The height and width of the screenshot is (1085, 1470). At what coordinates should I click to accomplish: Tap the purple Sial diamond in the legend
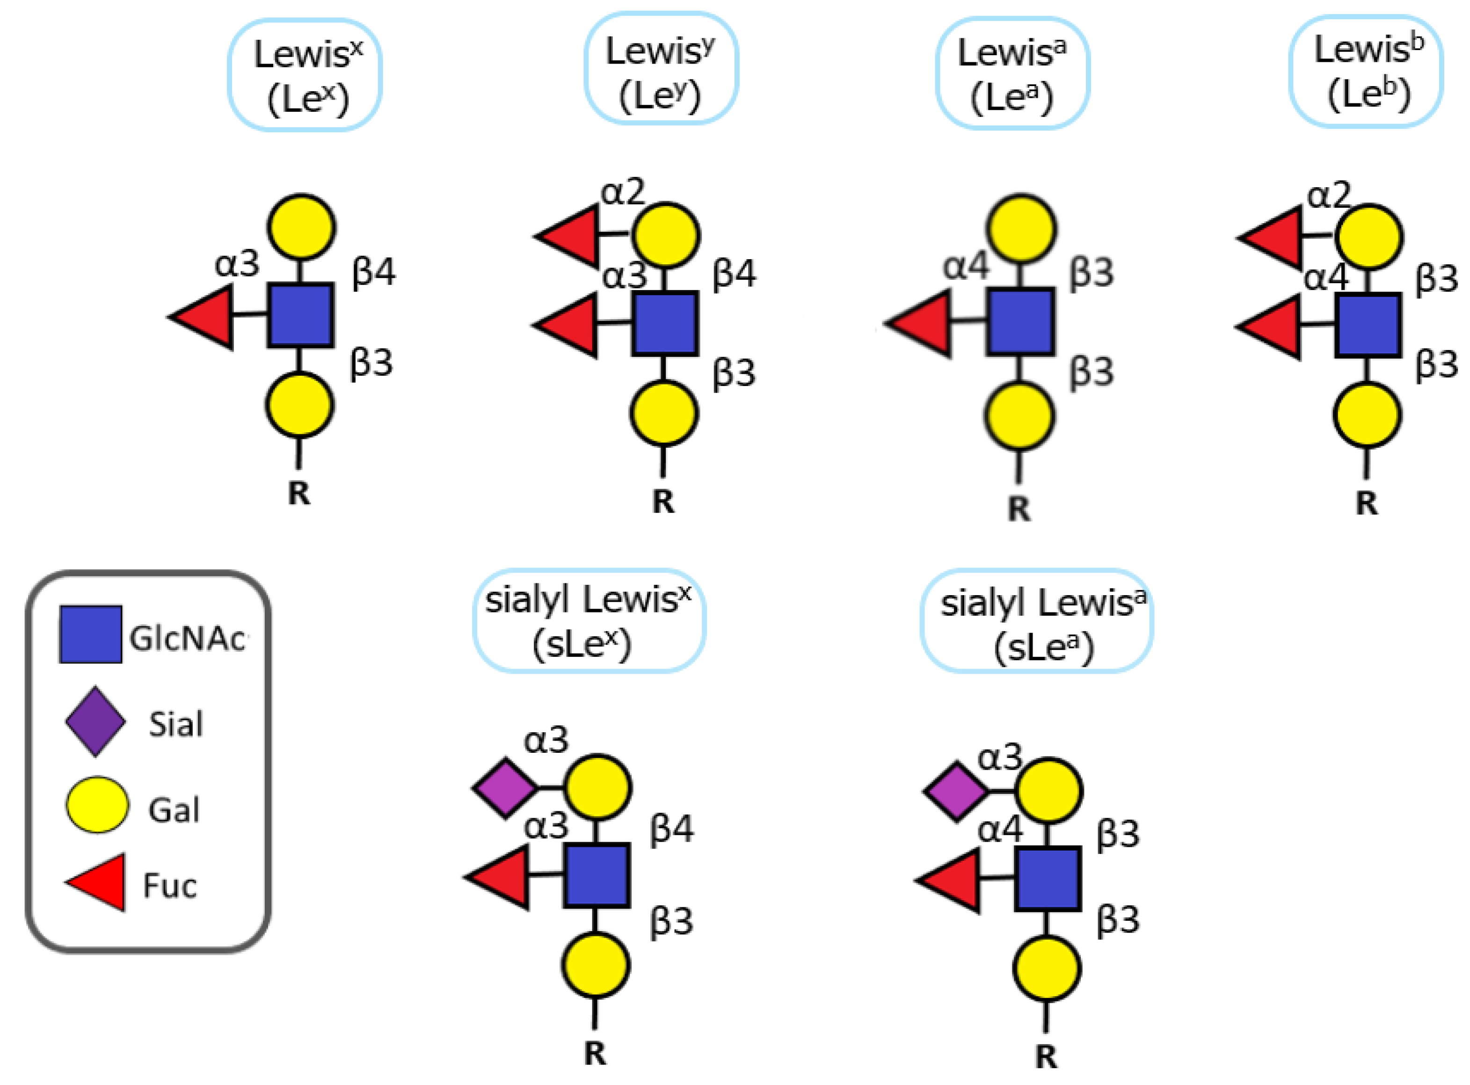pos(95,721)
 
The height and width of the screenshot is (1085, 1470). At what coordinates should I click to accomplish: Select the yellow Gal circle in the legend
pos(96,805)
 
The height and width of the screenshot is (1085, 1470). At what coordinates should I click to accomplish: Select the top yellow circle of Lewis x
pos(301,226)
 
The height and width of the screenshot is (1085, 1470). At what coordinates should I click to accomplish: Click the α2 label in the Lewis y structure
pos(622,192)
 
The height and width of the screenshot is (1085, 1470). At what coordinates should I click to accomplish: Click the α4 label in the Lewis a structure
pos(966,267)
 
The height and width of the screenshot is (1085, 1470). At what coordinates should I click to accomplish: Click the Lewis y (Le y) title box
pos(661,69)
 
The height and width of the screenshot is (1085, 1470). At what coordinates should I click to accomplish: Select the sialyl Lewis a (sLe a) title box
pos(1036,621)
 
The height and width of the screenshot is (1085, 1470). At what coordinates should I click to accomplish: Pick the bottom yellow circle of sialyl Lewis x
pos(595,964)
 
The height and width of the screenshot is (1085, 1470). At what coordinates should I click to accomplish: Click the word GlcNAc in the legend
pos(187,638)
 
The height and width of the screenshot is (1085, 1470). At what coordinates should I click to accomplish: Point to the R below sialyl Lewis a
pos(1046,1056)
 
